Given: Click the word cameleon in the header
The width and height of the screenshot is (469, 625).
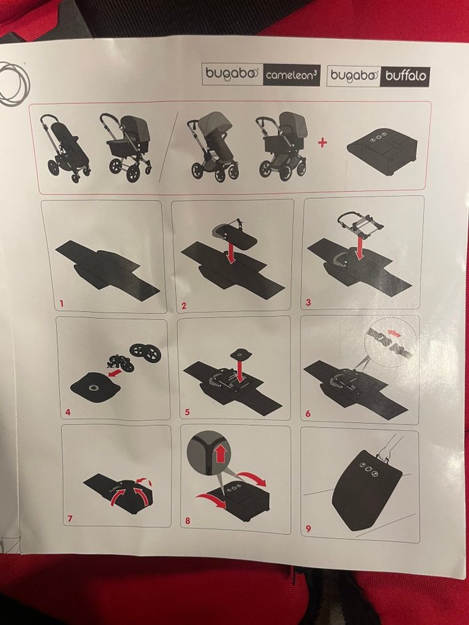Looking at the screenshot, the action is pos(290,75).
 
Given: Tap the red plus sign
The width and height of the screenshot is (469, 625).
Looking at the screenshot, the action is pos(322,142).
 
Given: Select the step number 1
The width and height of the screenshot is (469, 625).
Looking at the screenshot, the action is pos(61,303).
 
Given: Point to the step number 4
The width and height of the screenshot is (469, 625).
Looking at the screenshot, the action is pos(68,412).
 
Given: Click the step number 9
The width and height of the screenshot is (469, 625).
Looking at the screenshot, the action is pos(308,529).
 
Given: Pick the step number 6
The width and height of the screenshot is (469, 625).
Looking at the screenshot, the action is pos(308,414).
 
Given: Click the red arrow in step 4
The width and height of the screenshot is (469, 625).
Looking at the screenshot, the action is pos(115,374).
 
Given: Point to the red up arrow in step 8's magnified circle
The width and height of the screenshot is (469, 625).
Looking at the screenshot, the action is pos(221,453).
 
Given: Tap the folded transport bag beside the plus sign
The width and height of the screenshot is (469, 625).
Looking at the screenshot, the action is pos(382,151).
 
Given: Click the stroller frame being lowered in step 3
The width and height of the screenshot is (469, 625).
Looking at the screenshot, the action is pos(359,224).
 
